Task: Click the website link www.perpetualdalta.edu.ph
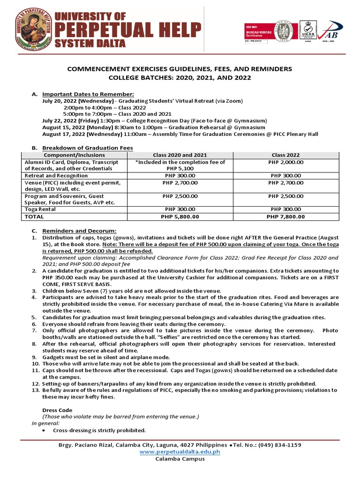[x=180, y=451]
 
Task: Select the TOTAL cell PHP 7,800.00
[x=285, y=217]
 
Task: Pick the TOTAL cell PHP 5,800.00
[x=180, y=217]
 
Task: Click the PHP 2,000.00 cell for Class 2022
[x=285, y=162]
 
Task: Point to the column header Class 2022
[x=285, y=155]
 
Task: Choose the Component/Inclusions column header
[x=74, y=155]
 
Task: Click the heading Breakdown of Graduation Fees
[x=88, y=148]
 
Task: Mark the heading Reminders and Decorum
[x=79, y=231]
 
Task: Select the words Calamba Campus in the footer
[x=180, y=458]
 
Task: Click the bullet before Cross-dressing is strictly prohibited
[x=44, y=430]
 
